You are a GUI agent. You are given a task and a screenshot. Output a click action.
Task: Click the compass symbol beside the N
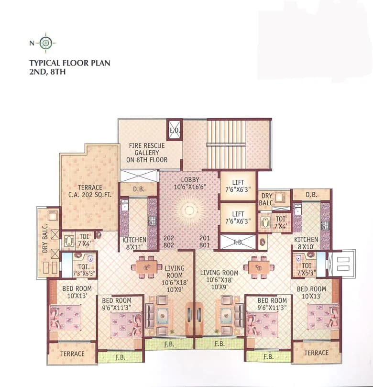[45, 43]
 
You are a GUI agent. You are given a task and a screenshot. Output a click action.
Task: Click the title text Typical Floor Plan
[70, 63]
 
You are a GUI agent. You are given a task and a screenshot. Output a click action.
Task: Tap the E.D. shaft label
[175, 130]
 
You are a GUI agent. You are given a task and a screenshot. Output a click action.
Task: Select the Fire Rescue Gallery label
[147, 153]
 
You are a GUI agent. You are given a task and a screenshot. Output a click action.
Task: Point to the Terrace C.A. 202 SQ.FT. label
[90, 191]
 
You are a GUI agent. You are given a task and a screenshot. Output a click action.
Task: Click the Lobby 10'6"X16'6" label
[190, 183]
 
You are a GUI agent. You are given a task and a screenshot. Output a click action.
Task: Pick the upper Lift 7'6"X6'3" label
[238, 186]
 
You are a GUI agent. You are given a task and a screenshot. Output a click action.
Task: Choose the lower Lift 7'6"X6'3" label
[238, 218]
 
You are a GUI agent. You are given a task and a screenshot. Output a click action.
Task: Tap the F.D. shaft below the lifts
[238, 242]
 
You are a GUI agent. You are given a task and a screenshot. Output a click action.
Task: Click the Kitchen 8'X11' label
[134, 243]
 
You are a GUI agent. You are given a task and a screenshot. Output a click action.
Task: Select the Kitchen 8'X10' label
[306, 243]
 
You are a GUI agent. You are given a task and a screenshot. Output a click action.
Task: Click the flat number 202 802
[169, 242]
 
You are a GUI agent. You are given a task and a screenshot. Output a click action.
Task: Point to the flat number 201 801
[205, 242]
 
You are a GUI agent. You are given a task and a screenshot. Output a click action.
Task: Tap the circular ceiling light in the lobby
[189, 210]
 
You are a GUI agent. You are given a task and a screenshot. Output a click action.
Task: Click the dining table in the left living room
[147, 267]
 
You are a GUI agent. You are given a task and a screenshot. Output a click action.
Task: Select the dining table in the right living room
[258, 267]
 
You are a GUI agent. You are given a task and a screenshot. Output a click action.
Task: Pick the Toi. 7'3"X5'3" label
[84, 270]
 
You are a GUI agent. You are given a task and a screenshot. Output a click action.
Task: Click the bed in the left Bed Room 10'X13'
[66, 318]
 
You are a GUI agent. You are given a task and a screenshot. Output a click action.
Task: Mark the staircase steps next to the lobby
[226, 144]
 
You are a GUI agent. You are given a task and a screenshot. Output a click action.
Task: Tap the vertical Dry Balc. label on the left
[45, 239]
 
